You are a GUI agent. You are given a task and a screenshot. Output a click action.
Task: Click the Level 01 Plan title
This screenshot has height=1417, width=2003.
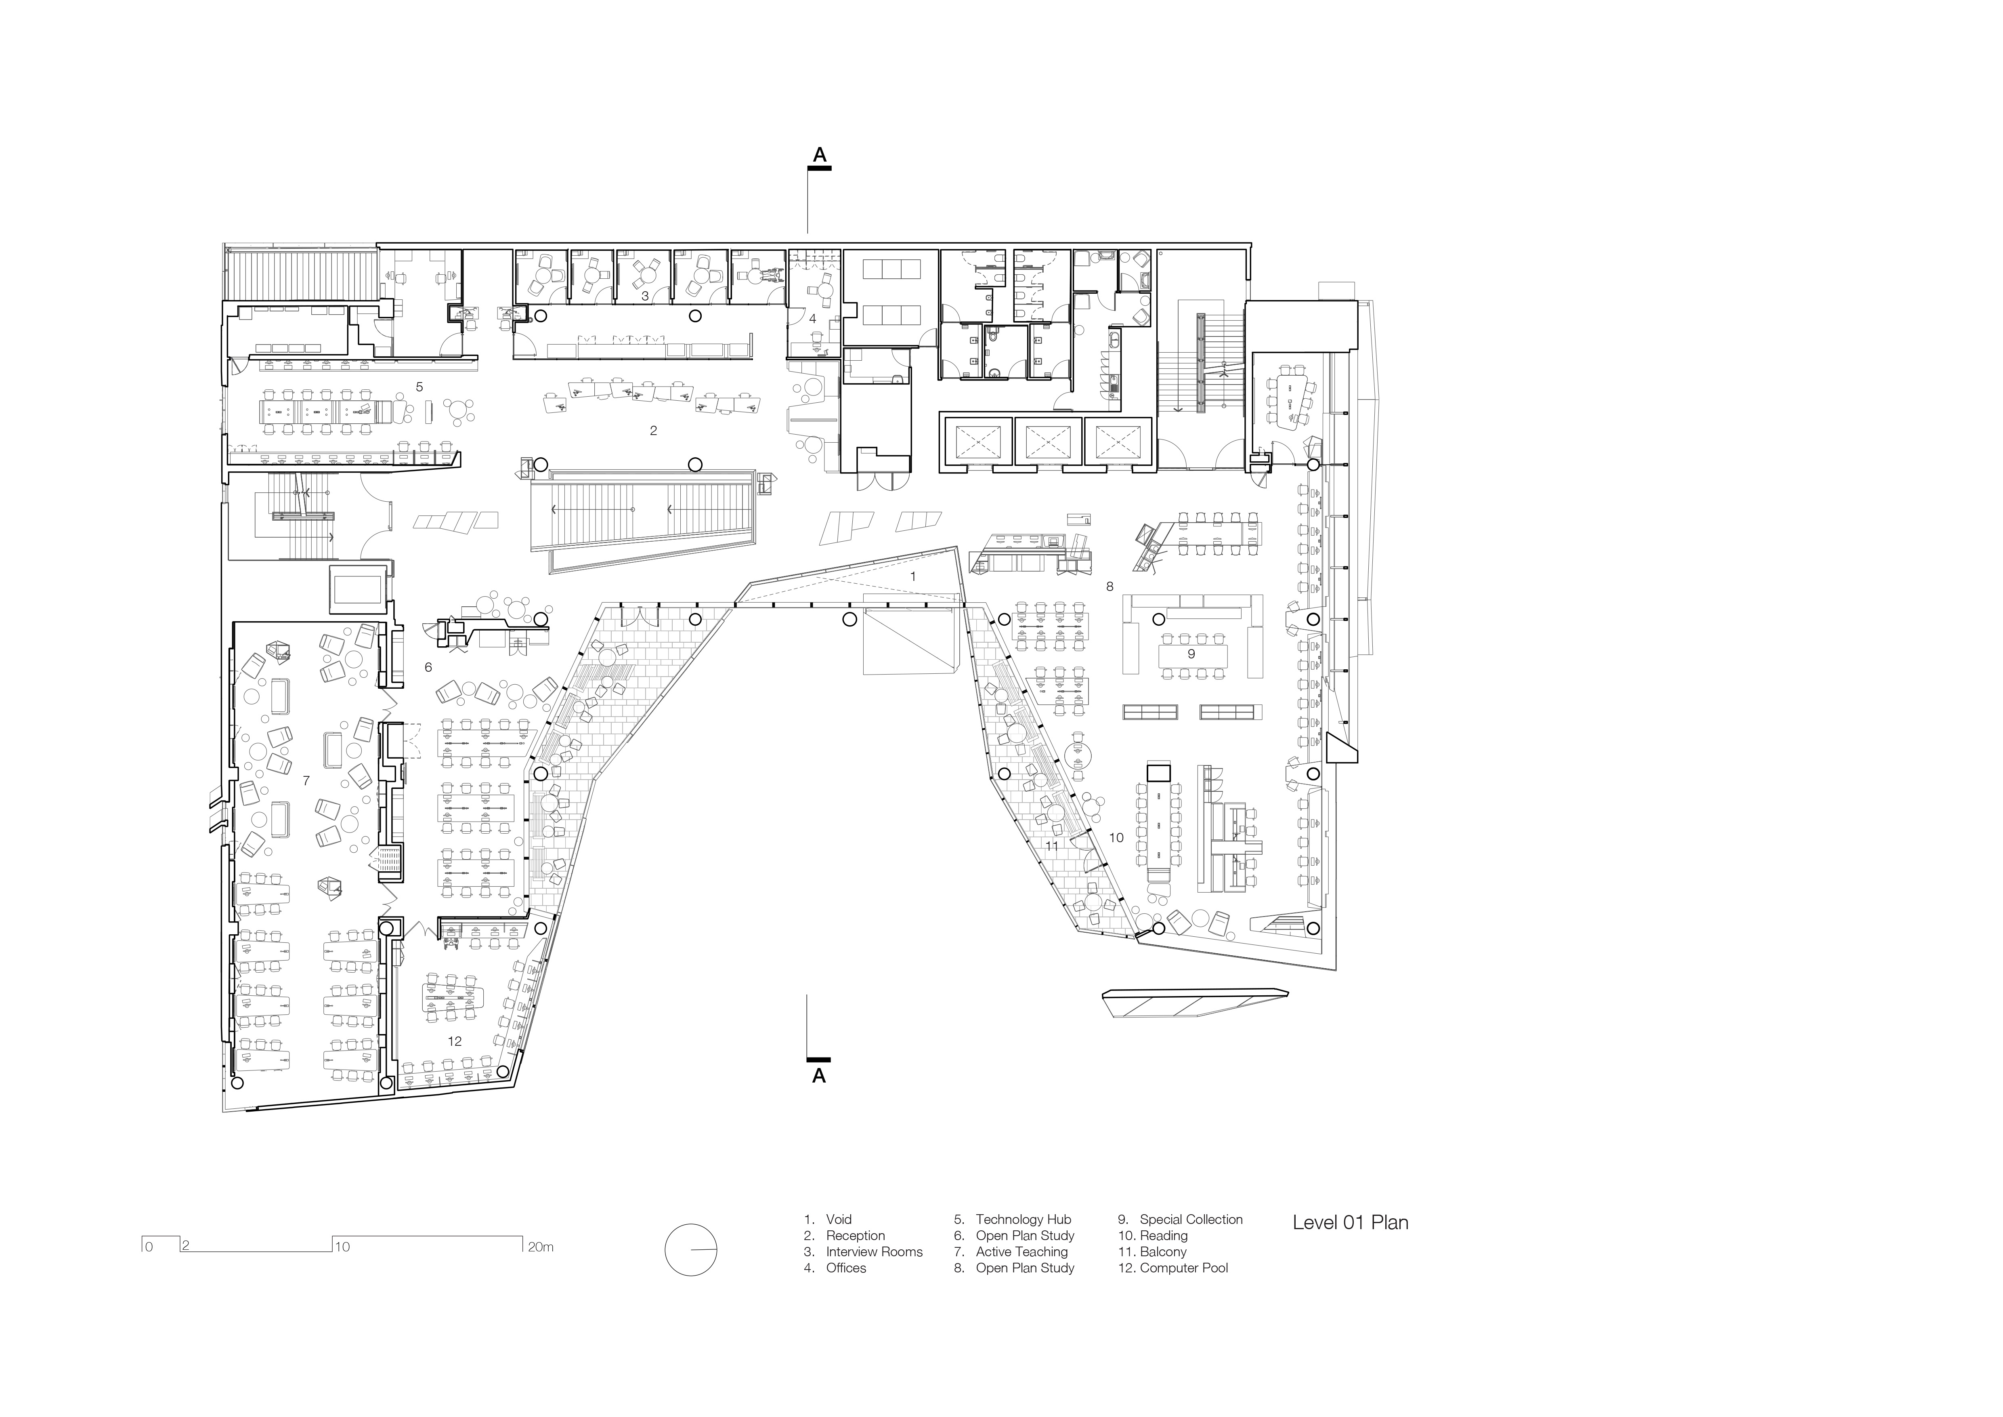(1350, 1222)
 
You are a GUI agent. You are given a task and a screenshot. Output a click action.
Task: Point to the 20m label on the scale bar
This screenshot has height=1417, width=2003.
(540, 1247)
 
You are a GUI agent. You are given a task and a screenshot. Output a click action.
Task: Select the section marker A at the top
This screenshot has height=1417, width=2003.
(819, 155)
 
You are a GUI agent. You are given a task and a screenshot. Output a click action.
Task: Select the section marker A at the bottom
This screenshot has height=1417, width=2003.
(819, 1076)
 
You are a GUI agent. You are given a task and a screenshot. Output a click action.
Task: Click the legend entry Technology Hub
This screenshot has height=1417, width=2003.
(1022, 1220)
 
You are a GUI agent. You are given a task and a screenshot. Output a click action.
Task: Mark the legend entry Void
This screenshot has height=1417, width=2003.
(838, 1220)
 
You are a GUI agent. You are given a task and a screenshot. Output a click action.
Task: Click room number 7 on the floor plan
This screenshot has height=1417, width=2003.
(305, 781)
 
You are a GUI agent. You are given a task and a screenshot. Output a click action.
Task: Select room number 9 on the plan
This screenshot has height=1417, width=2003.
(1191, 654)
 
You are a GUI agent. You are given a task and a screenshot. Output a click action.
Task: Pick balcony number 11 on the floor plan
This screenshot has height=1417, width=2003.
(1051, 845)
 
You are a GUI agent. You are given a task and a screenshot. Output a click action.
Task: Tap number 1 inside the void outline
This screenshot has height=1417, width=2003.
(913, 577)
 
